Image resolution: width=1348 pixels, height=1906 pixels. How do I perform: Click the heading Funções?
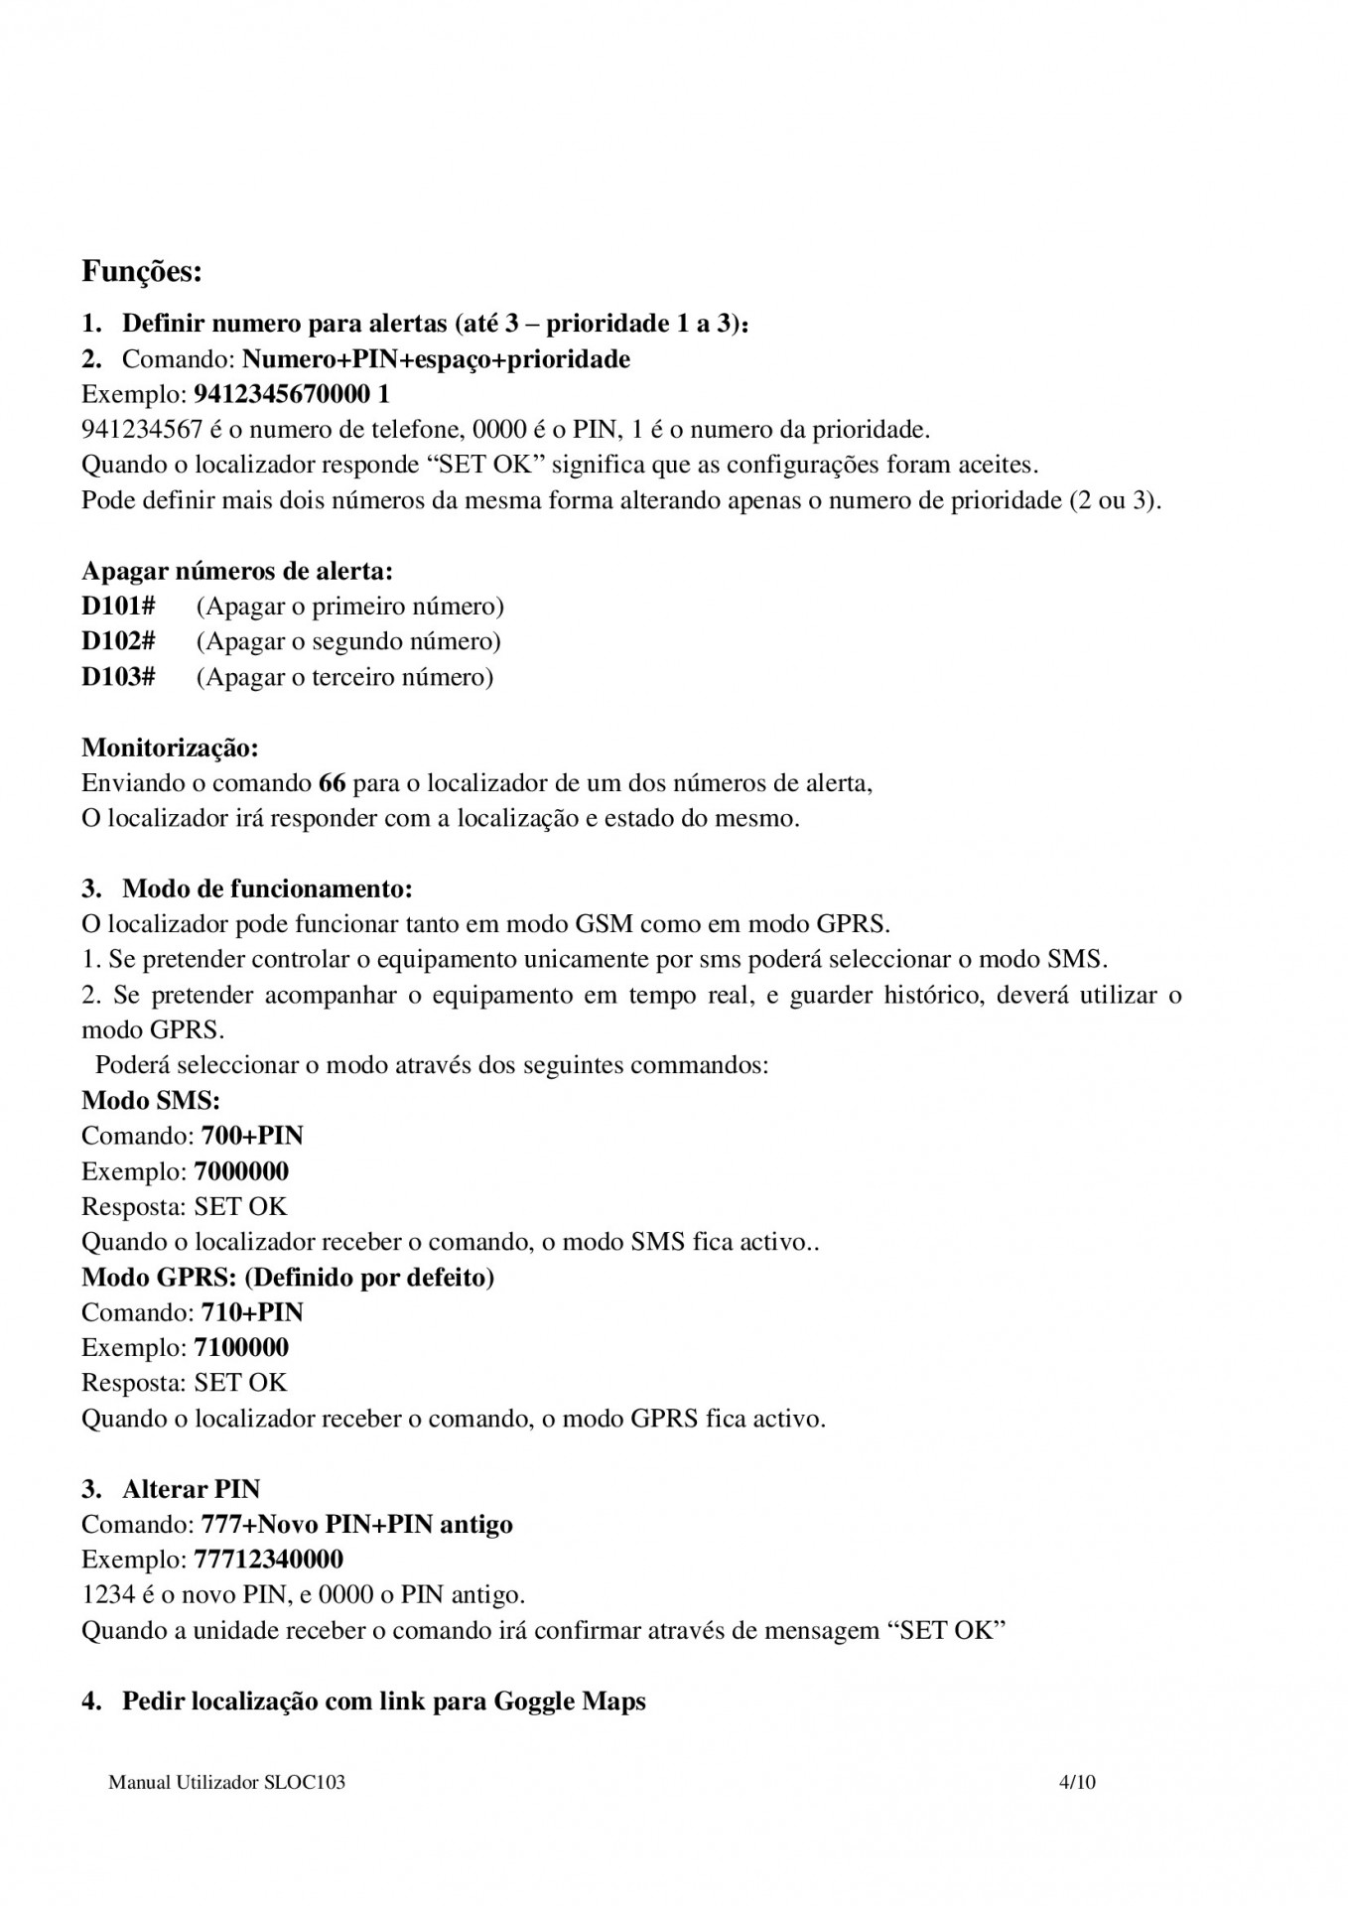pos(142,271)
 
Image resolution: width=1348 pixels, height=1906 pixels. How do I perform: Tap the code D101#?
pos(118,606)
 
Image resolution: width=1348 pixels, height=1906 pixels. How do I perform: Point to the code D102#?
pos(118,641)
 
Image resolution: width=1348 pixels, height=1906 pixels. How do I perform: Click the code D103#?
pos(118,677)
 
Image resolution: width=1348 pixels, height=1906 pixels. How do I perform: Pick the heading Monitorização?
pos(170,747)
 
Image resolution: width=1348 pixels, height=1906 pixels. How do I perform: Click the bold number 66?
pos(333,783)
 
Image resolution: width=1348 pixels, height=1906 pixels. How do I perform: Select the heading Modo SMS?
pos(151,1100)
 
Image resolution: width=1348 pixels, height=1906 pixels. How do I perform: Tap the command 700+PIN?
pos(252,1136)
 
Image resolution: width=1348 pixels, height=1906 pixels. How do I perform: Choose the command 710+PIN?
pos(252,1312)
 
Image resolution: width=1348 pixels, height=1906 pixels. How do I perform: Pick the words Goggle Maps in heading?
pos(570,1702)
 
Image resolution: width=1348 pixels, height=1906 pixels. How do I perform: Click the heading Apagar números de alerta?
pos(237,571)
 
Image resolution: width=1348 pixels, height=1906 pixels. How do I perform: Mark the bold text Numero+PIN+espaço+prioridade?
pos(436,359)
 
